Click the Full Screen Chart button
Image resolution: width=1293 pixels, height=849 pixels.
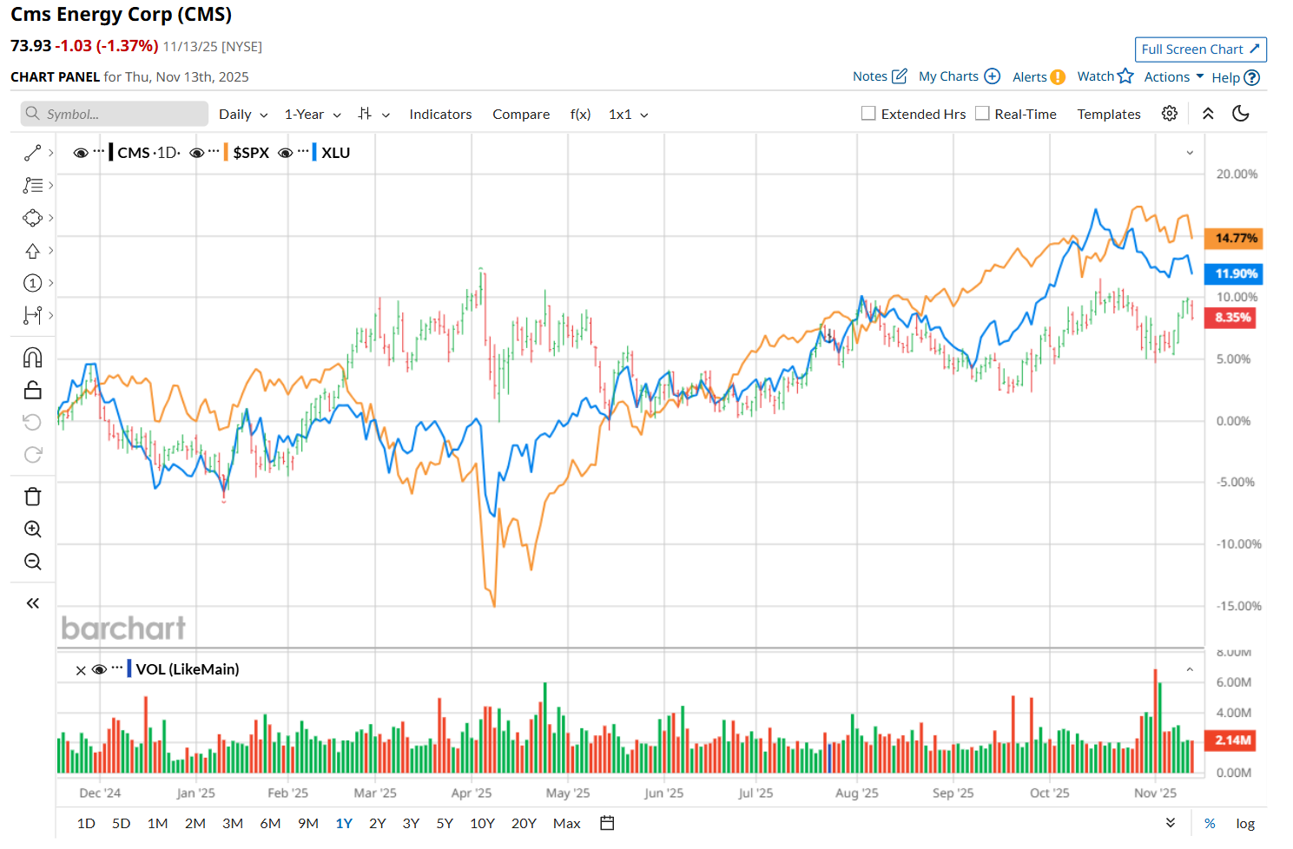pyautogui.click(x=1200, y=49)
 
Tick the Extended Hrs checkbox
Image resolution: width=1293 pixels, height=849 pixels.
pyautogui.click(x=868, y=114)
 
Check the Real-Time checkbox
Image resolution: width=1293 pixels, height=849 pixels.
pyautogui.click(x=982, y=114)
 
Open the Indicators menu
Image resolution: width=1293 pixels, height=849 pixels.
pyautogui.click(x=440, y=115)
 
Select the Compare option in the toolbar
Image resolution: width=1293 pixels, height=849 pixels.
pyautogui.click(x=521, y=115)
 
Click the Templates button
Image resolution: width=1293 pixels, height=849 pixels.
pyautogui.click(x=1109, y=115)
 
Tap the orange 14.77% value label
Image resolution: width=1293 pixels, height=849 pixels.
pyautogui.click(x=1236, y=238)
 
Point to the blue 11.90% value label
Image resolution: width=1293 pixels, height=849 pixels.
pyautogui.click(x=1236, y=273)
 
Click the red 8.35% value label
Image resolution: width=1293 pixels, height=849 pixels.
pyautogui.click(x=1232, y=318)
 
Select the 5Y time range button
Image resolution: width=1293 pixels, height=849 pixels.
pyautogui.click(x=445, y=823)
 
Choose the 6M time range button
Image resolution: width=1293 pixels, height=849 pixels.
pyautogui.click(x=270, y=823)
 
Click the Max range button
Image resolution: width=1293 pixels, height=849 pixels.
pyautogui.click(x=566, y=823)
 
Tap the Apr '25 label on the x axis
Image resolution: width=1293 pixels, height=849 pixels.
pyautogui.click(x=472, y=793)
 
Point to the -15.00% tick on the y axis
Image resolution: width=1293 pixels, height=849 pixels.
pyautogui.click(x=1238, y=606)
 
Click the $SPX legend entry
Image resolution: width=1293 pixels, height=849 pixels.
pyautogui.click(x=251, y=153)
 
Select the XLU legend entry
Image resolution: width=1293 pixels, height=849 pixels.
pyautogui.click(x=335, y=153)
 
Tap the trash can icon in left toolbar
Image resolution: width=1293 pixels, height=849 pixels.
pyautogui.click(x=33, y=497)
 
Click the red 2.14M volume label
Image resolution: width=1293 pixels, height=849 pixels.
pyautogui.click(x=1232, y=740)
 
